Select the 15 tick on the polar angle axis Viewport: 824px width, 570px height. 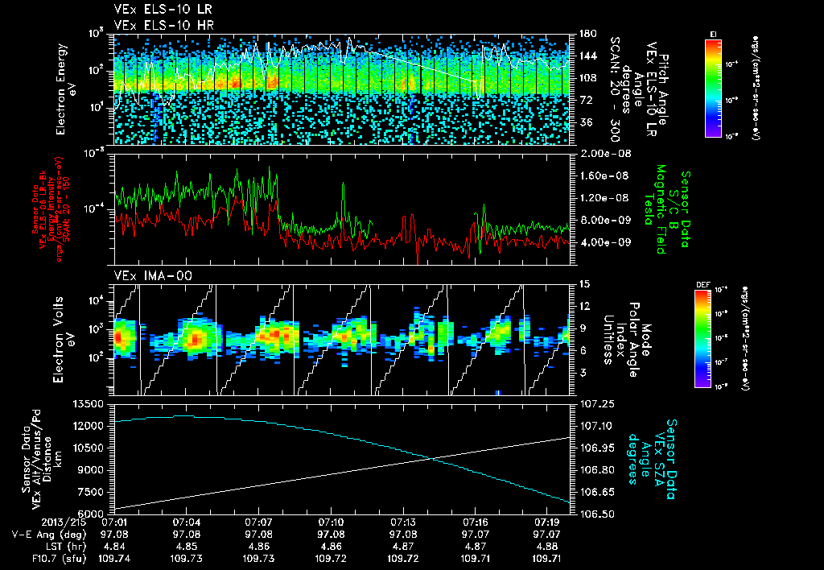click(x=583, y=284)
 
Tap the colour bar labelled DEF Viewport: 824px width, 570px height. click(x=702, y=338)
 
